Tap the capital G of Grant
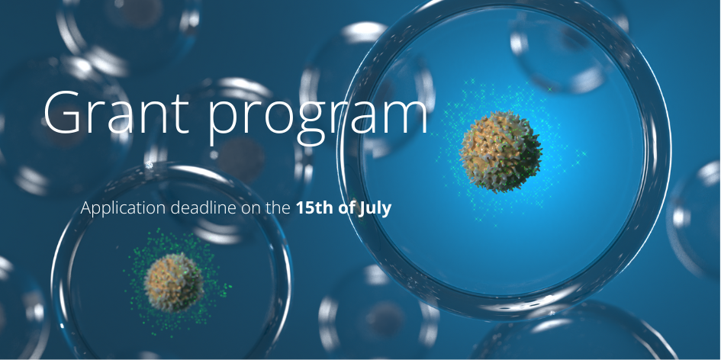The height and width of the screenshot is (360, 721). click(64, 113)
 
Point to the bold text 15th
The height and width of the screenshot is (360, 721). click(313, 207)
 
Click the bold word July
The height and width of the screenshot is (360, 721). click(375, 208)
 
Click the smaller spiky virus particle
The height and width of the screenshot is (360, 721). click(174, 283)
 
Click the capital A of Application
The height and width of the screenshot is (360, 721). click(86, 207)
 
